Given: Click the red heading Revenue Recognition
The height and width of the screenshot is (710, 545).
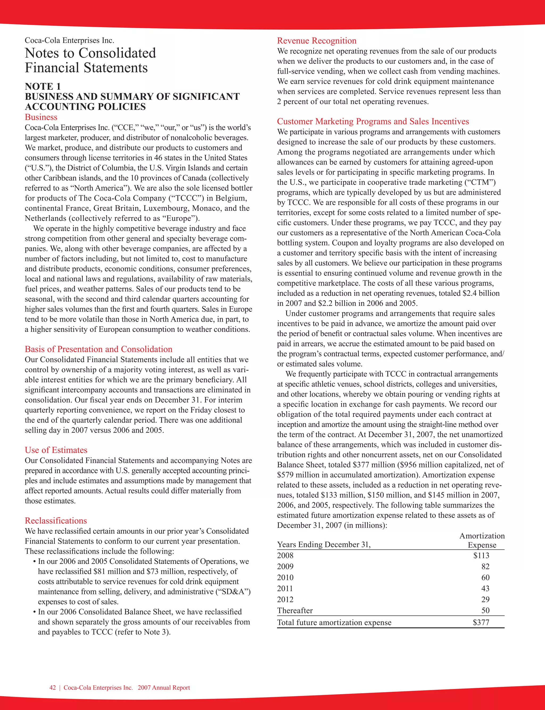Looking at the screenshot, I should pyautogui.click(x=317, y=41).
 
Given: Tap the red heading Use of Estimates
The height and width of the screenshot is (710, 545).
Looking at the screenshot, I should pyautogui.click(x=56, y=450).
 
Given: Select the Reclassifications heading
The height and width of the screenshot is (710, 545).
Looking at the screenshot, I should pyautogui.click(x=56, y=521).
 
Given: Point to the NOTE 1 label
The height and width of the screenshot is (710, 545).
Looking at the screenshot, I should pyautogui.click(x=43, y=86).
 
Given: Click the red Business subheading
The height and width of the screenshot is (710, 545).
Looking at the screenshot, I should pyautogui.click(x=41, y=117).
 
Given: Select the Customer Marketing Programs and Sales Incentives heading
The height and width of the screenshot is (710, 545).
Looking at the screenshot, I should pyautogui.click(x=373, y=121).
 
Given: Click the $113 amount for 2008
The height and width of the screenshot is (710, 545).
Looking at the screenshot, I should pyautogui.click(x=481, y=556).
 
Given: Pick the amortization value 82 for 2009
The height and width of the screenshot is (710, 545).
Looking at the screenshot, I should pyautogui.click(x=485, y=567).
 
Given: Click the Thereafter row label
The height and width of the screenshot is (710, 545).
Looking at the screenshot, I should pyautogui.click(x=295, y=611).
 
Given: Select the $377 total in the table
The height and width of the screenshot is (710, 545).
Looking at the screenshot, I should pyautogui.click(x=481, y=622).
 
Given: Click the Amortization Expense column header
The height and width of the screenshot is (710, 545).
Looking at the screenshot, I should pyautogui.click(x=482, y=541).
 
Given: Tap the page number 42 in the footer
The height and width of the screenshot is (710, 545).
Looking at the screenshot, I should pyautogui.click(x=52, y=688).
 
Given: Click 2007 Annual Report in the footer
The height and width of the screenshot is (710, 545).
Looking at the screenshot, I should pyautogui.click(x=164, y=688).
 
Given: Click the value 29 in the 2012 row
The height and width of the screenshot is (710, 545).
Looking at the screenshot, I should pyautogui.click(x=485, y=599).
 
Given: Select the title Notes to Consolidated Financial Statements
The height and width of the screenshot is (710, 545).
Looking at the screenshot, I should pyautogui.click(x=90, y=60).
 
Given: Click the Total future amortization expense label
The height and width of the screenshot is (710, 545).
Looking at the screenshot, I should pyautogui.click(x=334, y=622).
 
